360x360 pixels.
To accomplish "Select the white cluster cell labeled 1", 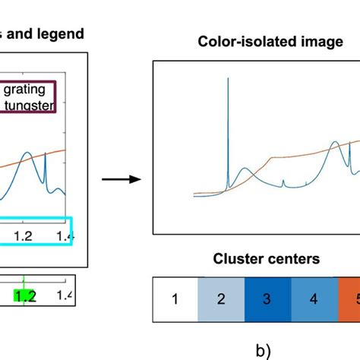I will (175, 298).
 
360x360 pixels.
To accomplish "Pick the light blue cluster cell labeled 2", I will (221, 298).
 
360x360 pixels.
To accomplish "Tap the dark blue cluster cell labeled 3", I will (267, 298).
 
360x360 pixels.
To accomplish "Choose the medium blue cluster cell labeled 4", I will (313, 298).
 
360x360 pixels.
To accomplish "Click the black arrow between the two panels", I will (122, 179).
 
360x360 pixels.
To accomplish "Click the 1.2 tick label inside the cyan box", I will (25, 236).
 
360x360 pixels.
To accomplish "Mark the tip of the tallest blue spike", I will (227, 77).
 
